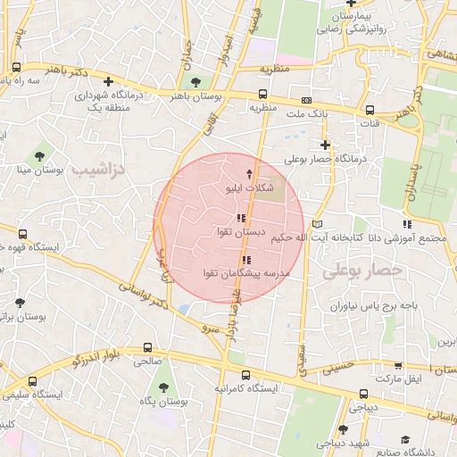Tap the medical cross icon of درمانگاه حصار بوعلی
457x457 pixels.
(325, 145)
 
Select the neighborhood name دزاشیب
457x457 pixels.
(99, 169)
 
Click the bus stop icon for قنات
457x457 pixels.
(370, 111)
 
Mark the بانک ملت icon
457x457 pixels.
(307, 100)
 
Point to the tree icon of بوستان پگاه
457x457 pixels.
(163, 387)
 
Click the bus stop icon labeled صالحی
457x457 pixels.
(147, 349)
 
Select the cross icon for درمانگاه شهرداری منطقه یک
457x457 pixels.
(108, 82)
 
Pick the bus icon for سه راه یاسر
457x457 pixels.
(16, 68)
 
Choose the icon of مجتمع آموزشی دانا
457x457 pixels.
(407, 224)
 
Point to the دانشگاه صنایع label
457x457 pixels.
(429, 453)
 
